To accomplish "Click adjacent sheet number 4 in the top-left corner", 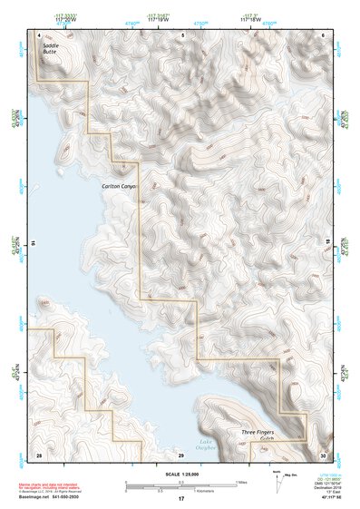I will pyautogui.click(x=39, y=34).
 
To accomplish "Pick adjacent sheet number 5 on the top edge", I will pyautogui.click(x=182, y=34).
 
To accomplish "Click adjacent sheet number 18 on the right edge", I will pyautogui.click(x=327, y=244).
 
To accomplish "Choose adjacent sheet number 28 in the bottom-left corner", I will pyautogui.click(x=39, y=454).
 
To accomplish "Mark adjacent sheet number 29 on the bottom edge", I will pyautogui.click(x=182, y=454).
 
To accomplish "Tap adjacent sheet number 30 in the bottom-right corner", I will pyautogui.click(x=324, y=454).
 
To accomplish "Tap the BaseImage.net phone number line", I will pyautogui.click(x=50, y=498).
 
